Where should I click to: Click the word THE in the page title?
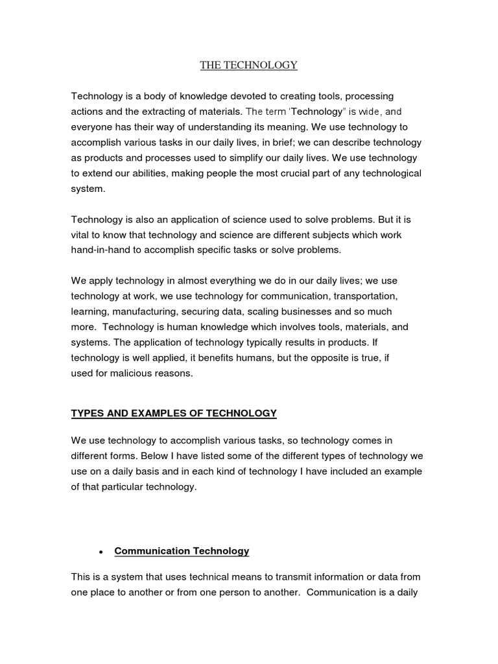(211, 65)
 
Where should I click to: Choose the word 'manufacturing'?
(141, 312)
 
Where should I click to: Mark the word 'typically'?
(252, 343)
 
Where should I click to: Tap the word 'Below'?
(145, 456)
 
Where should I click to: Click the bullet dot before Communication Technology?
(101, 552)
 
